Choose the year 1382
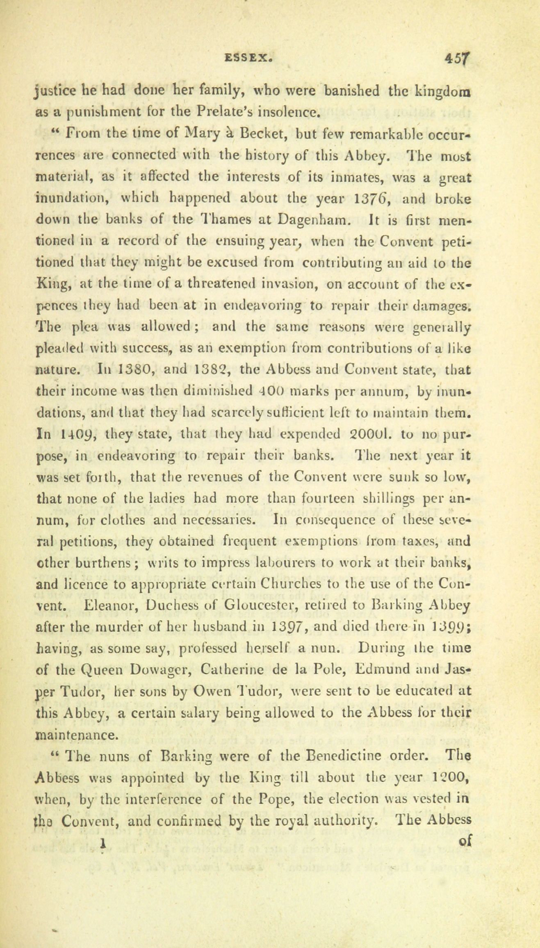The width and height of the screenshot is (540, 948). click(x=210, y=370)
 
